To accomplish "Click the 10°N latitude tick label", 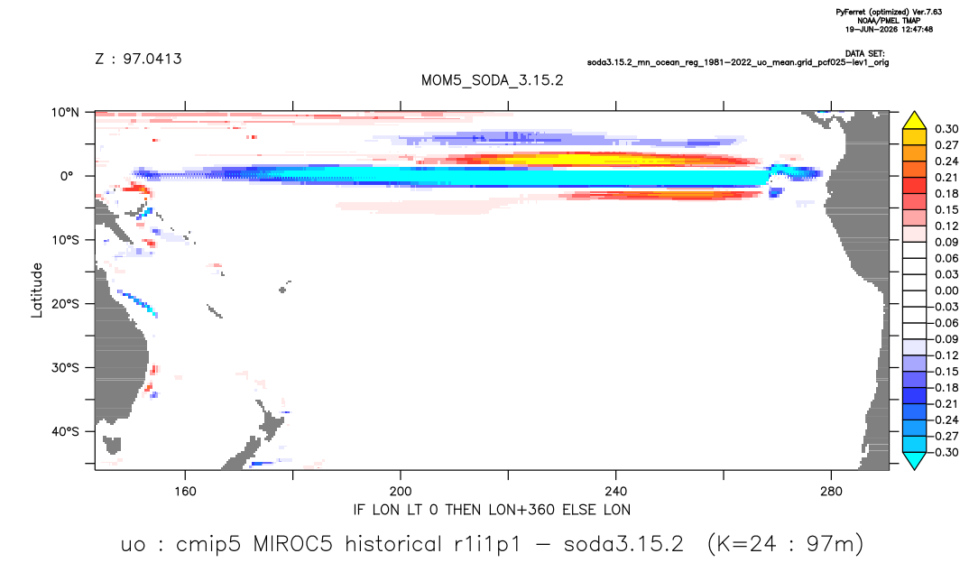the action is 66,112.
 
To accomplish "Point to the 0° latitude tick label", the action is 67,176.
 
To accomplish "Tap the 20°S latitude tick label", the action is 66,303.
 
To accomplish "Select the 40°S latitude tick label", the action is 66,431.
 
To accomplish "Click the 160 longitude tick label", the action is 185,492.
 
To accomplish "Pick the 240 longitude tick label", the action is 616,492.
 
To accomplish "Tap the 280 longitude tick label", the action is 831,492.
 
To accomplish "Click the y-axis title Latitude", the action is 37,290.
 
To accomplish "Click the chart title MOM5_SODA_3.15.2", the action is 492,81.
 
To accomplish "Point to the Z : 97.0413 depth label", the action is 138,60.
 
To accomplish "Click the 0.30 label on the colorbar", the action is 946,129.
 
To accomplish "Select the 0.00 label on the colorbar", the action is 946,290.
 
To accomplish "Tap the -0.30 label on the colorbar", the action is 944,452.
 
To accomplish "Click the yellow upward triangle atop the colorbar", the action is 914,121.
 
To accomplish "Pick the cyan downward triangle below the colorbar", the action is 914,460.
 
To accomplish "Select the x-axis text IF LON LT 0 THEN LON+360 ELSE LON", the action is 492,510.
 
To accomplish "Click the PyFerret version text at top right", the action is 889,13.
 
